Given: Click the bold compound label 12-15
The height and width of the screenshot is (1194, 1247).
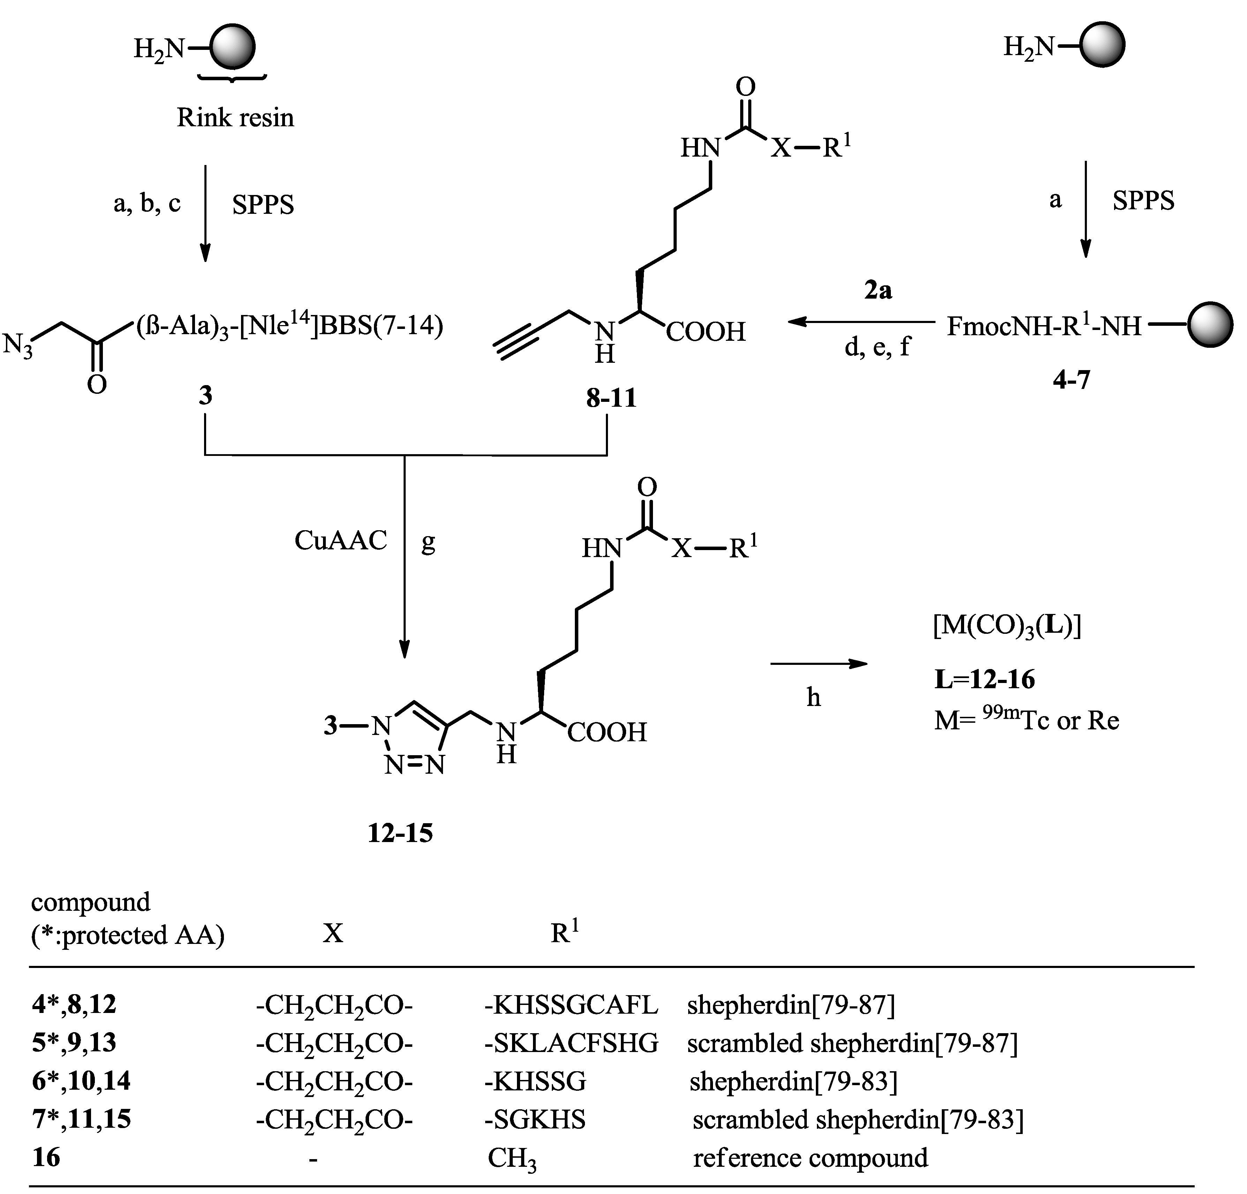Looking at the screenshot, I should point(400,833).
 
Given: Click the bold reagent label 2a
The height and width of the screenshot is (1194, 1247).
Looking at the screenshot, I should point(878,291).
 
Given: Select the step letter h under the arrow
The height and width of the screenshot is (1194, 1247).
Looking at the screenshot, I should point(813,698).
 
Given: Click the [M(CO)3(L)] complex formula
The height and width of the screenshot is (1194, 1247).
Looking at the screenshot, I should point(1007,626).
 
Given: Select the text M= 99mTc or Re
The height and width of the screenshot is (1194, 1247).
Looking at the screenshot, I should point(1026,720).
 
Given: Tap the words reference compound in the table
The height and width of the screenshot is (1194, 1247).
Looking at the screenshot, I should point(810,1158).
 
